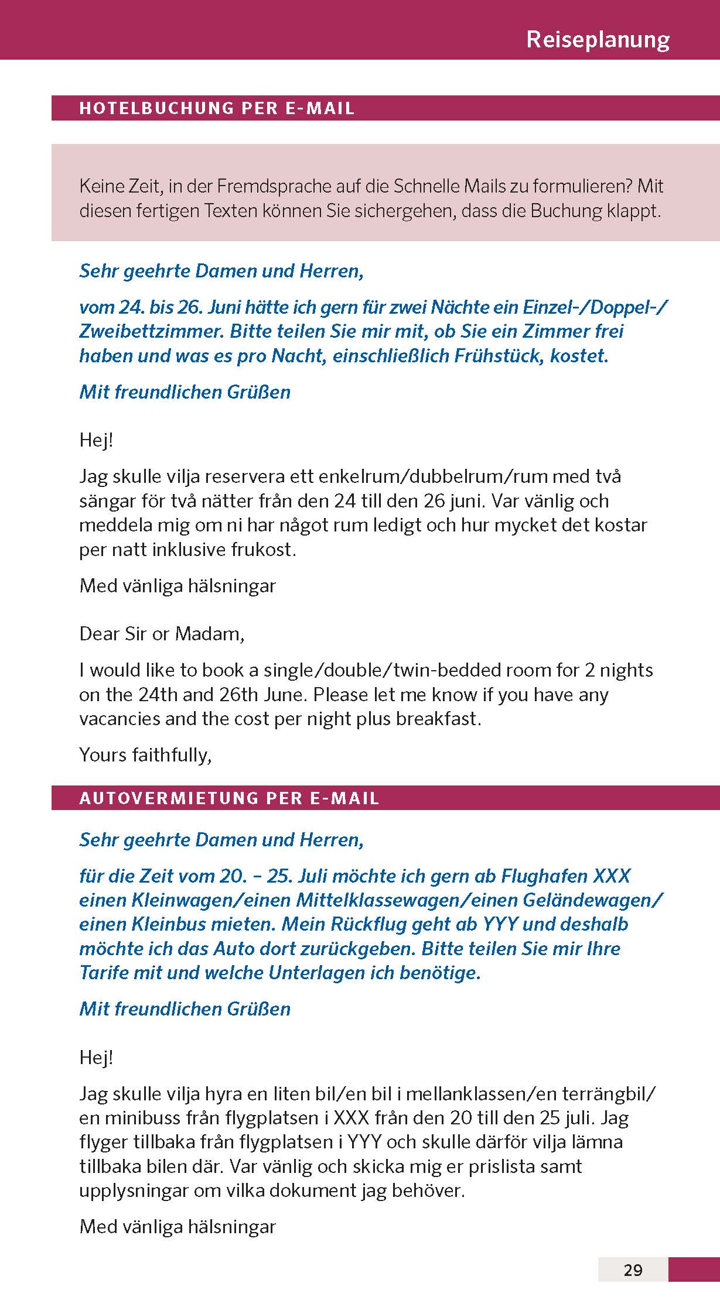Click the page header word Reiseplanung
coord(598,39)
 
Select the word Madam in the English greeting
coord(210,634)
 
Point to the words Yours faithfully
coord(145,755)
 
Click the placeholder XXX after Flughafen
coord(612,876)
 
